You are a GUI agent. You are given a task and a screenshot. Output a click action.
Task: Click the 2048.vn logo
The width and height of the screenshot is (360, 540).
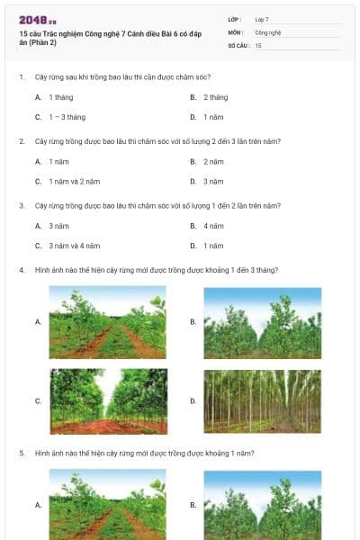coord(38,19)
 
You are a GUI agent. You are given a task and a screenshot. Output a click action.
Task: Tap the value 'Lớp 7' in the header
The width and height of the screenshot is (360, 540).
coord(262,19)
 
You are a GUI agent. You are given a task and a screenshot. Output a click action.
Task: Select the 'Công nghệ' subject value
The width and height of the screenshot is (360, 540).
coord(268,31)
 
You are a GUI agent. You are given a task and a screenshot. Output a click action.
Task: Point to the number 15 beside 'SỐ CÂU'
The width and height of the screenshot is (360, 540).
coord(258,44)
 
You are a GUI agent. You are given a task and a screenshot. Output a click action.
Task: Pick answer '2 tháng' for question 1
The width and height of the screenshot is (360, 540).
coord(215,96)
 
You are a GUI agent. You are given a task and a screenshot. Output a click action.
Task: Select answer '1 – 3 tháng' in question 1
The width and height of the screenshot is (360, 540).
coord(67,117)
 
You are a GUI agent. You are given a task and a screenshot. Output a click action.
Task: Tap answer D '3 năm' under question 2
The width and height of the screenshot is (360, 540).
coord(212,181)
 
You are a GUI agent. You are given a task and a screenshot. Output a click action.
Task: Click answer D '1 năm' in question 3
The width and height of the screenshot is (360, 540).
coord(212,245)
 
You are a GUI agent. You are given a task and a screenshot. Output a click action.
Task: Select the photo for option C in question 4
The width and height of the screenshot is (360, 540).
coord(107,401)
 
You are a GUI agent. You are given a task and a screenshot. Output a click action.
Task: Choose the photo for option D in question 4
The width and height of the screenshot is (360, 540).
coord(262,401)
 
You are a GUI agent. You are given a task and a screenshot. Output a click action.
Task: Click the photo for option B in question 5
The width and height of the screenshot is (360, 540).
coord(262,505)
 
